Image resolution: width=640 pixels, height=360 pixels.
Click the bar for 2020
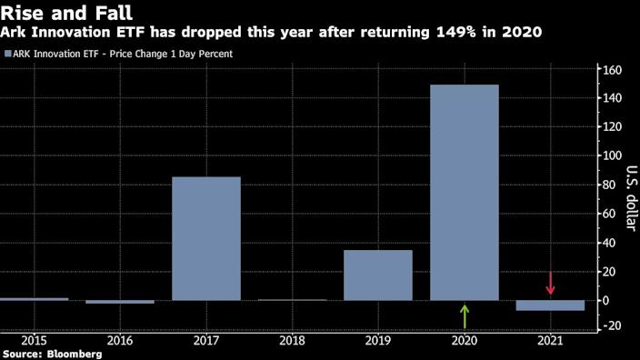[x=464, y=192]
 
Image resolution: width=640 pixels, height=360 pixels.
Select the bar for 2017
[x=206, y=238]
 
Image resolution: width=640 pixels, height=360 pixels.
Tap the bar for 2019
[x=378, y=275]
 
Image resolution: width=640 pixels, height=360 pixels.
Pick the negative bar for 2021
[x=550, y=305]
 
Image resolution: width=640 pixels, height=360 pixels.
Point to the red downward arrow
[x=550, y=283]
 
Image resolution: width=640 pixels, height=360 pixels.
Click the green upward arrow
[x=465, y=316]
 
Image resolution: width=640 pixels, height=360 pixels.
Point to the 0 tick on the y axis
[x=615, y=300]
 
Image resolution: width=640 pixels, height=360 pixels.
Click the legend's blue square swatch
[x=8, y=54]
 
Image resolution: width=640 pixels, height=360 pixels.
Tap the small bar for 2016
[x=120, y=302]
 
